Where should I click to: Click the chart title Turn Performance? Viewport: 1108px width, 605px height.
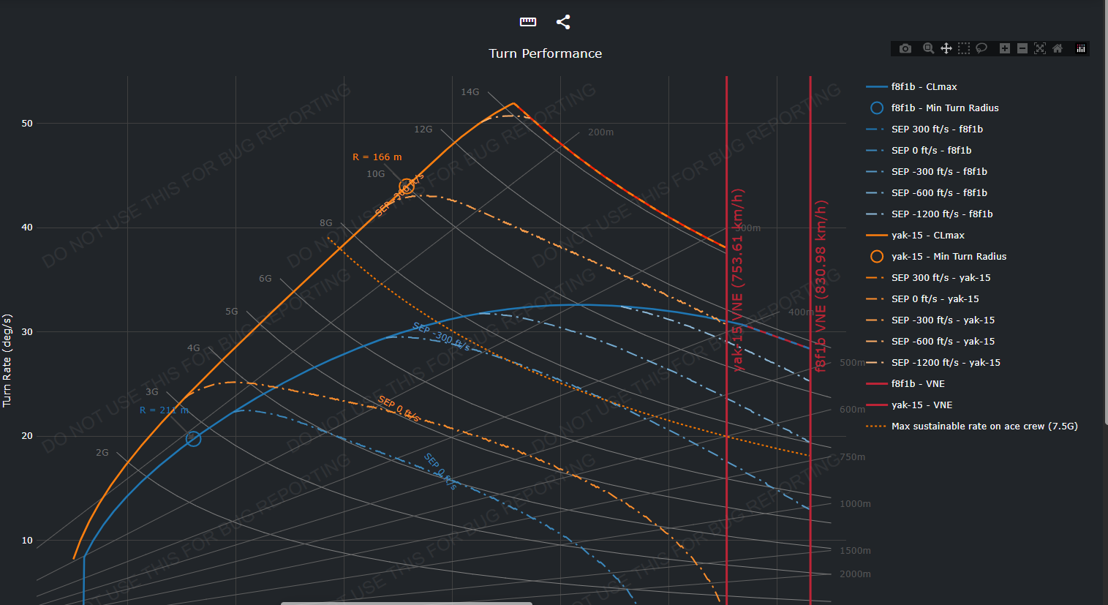coord(545,53)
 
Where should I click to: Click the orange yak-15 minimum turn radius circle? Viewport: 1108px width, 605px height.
coord(407,187)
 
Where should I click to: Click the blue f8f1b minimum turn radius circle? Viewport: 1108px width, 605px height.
coord(193,439)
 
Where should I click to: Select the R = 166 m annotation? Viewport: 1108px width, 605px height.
coord(377,157)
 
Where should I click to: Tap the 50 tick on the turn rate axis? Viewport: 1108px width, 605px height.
coord(27,124)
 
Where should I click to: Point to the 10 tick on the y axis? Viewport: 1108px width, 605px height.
coord(27,541)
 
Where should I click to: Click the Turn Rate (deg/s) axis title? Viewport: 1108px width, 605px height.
coord(7,361)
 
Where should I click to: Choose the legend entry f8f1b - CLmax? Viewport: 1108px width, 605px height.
coord(924,87)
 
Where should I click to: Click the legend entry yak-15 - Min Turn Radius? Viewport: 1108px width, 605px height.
coord(949,257)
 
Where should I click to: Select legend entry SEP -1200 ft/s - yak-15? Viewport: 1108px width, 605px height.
coord(946,363)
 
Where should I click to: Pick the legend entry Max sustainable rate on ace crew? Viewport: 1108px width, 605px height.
coord(984,426)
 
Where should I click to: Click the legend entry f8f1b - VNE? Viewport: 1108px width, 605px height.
coord(918,384)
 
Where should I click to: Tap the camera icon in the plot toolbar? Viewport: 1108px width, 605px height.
coord(905,48)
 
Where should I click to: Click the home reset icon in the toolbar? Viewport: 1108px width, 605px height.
coord(1058,48)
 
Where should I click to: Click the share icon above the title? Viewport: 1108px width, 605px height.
coord(563,22)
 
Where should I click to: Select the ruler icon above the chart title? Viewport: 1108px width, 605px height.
coord(528,22)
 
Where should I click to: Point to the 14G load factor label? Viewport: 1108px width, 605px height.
coord(470,92)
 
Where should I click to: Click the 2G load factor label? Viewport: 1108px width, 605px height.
coord(102,453)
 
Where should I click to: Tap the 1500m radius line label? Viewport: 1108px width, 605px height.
coord(855,551)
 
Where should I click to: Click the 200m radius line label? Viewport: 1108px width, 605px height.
coord(600,132)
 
